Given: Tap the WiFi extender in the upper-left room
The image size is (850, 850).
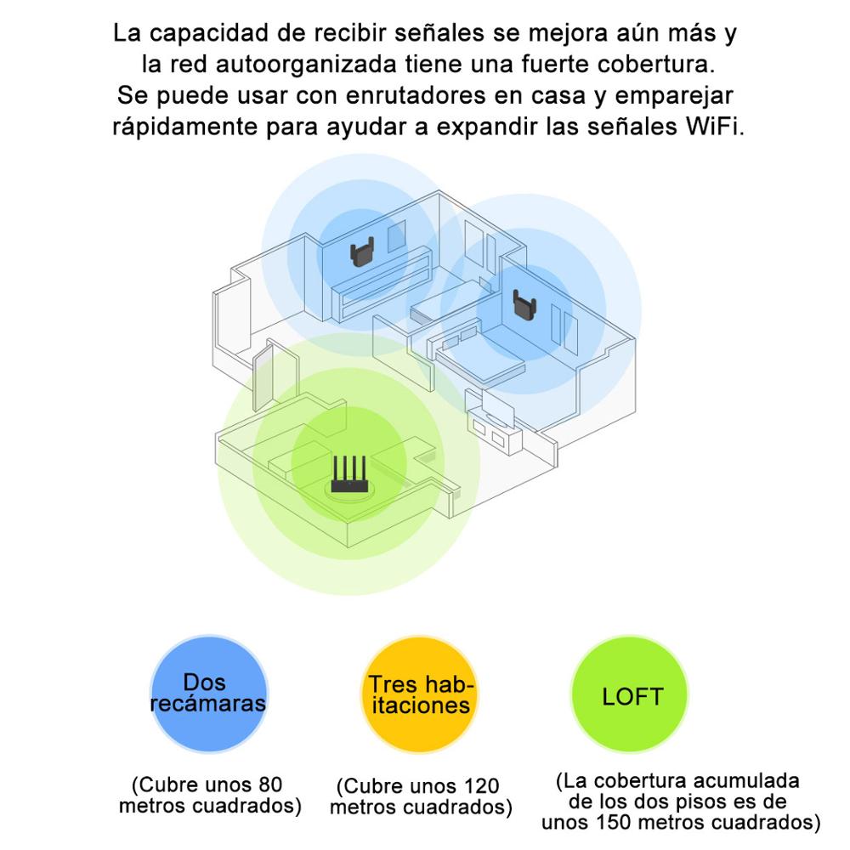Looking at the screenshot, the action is pos(362,252).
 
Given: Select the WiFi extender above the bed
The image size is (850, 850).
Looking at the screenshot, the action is pos(524,306).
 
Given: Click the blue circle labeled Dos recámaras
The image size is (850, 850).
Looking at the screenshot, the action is pos(209,694).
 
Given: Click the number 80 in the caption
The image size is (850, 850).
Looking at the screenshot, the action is pos(270,785).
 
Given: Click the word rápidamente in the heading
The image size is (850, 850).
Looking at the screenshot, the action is pos(184,127).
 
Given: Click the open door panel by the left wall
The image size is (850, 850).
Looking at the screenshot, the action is pos(263,377).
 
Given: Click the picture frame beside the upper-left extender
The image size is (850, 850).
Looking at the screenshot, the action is pos(397,235).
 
